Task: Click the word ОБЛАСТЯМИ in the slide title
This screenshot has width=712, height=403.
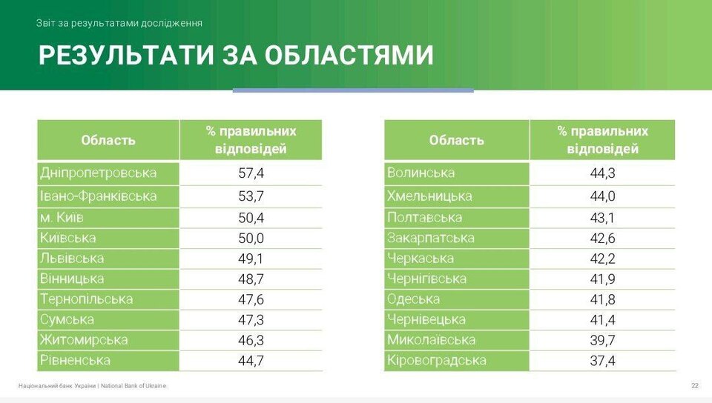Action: (349, 56)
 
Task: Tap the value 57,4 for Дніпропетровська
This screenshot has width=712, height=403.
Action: (251, 173)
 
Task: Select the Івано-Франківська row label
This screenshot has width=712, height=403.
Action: (98, 196)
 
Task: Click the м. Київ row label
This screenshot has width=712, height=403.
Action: (62, 218)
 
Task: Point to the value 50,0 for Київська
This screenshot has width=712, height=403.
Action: (251, 238)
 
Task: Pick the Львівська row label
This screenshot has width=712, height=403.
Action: (72, 259)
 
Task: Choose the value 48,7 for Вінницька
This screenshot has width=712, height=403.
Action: (251, 279)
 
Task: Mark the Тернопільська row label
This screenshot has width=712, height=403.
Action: (86, 299)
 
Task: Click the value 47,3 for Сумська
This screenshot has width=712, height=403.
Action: (251, 319)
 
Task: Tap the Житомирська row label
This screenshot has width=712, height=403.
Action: (84, 340)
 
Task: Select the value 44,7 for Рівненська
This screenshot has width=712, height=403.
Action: (251, 361)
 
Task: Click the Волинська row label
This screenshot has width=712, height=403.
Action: (421, 173)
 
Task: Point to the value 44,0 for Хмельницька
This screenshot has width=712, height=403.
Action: (602, 196)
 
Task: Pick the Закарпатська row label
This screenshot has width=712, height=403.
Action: (430, 238)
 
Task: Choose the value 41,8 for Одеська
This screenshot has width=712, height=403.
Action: (602, 299)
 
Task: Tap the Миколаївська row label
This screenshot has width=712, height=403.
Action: (431, 340)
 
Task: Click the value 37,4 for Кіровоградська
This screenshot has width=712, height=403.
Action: (602, 361)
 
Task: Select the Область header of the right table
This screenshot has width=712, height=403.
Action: (456, 140)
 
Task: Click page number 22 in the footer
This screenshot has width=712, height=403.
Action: (695, 386)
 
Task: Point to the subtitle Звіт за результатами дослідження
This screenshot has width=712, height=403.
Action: (119, 23)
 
